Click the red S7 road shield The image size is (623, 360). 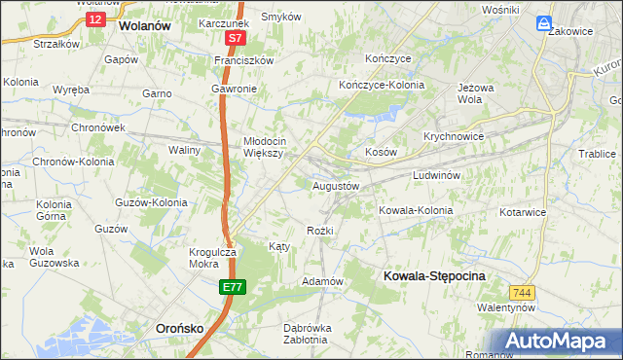tap(235, 38)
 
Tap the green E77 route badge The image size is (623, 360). tap(232, 287)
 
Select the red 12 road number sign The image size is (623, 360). tap(94, 18)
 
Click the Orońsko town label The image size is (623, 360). tap(180, 329)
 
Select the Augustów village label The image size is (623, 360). tap(336, 185)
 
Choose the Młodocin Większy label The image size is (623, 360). tap(263, 146)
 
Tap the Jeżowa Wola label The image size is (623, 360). tap(478, 92)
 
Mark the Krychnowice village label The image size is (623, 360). tap(454, 136)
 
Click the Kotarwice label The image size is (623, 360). tap(525, 211)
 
